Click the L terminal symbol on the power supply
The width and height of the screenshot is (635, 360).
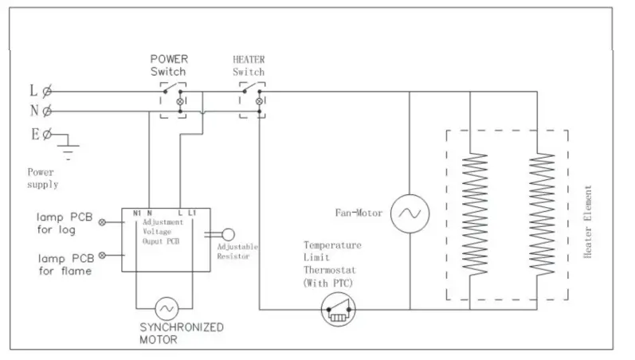coord(48,90)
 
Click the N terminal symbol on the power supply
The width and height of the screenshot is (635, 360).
coord(48,111)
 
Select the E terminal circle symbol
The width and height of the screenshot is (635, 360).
coord(48,134)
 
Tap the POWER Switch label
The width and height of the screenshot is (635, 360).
coord(168,65)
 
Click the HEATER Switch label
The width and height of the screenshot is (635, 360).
coord(249,65)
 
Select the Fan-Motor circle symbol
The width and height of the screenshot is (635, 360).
coord(410,213)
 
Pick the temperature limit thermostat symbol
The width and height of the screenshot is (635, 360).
coord(338,309)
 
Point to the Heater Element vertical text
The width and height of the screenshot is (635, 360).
coord(588,221)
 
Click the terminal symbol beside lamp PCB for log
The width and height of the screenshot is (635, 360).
coord(101,223)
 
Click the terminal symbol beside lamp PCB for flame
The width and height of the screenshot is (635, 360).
coord(101,255)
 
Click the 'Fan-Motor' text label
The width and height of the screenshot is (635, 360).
coord(359,213)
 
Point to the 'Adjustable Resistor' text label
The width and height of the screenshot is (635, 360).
coord(237,253)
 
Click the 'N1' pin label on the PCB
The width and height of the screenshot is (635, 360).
coord(136,213)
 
